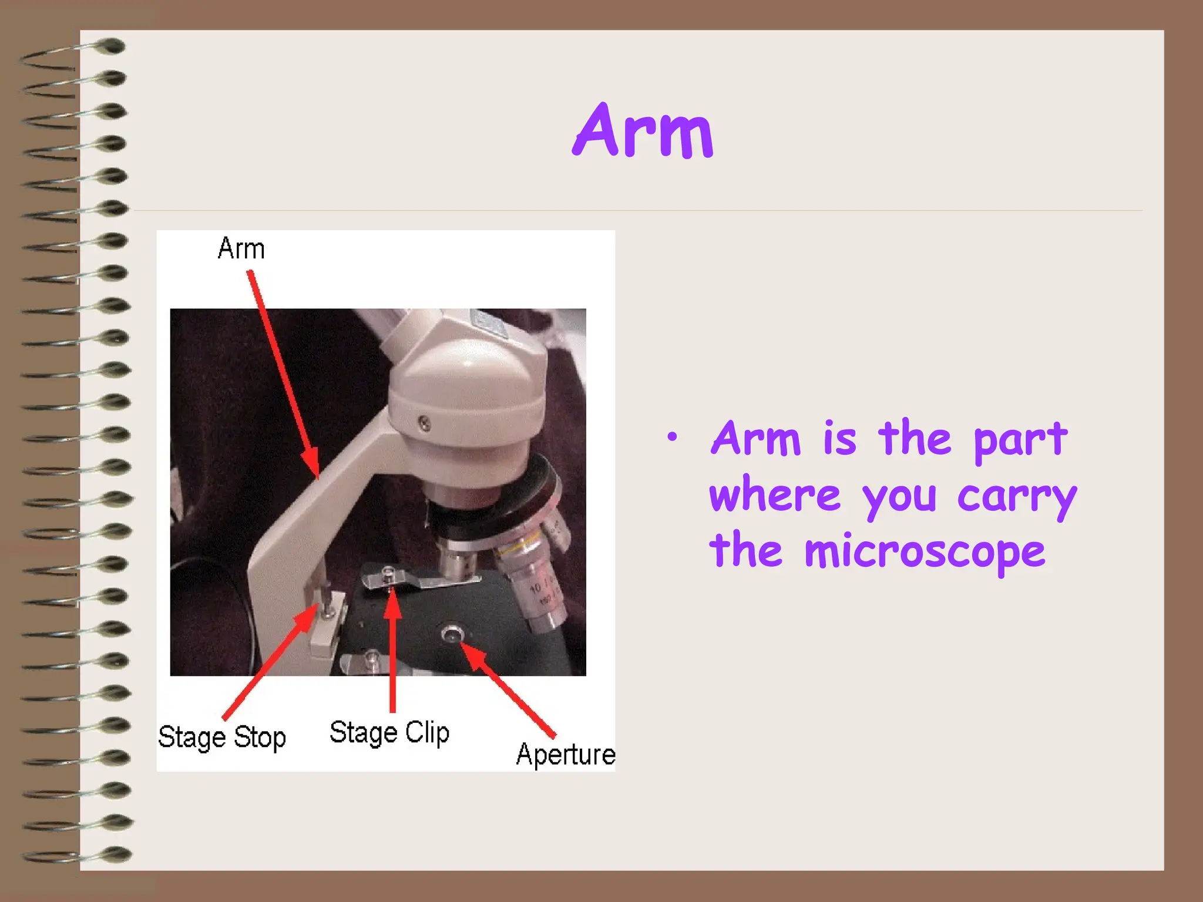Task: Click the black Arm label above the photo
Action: pos(241,248)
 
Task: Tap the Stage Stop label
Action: pos(222,737)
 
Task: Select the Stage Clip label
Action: pos(389,733)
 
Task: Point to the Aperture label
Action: pos(566,755)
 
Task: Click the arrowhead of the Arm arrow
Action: pos(313,467)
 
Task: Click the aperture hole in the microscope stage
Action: pos(452,634)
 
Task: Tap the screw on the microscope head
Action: pos(424,422)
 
